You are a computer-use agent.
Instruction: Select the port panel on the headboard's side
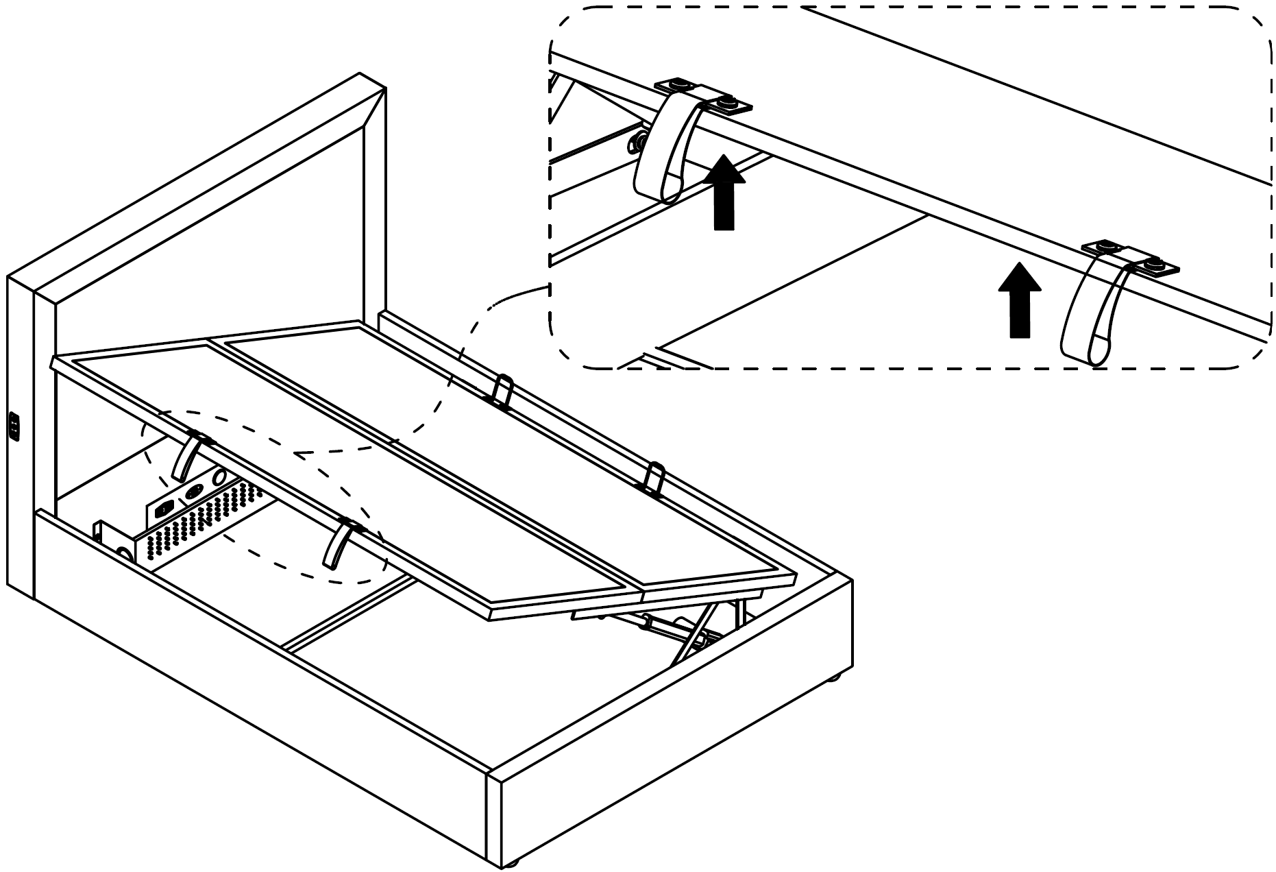point(14,426)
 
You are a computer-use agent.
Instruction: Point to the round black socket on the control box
point(193,492)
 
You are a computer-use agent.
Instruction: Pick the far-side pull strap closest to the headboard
point(504,389)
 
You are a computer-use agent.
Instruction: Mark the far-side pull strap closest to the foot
point(654,477)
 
